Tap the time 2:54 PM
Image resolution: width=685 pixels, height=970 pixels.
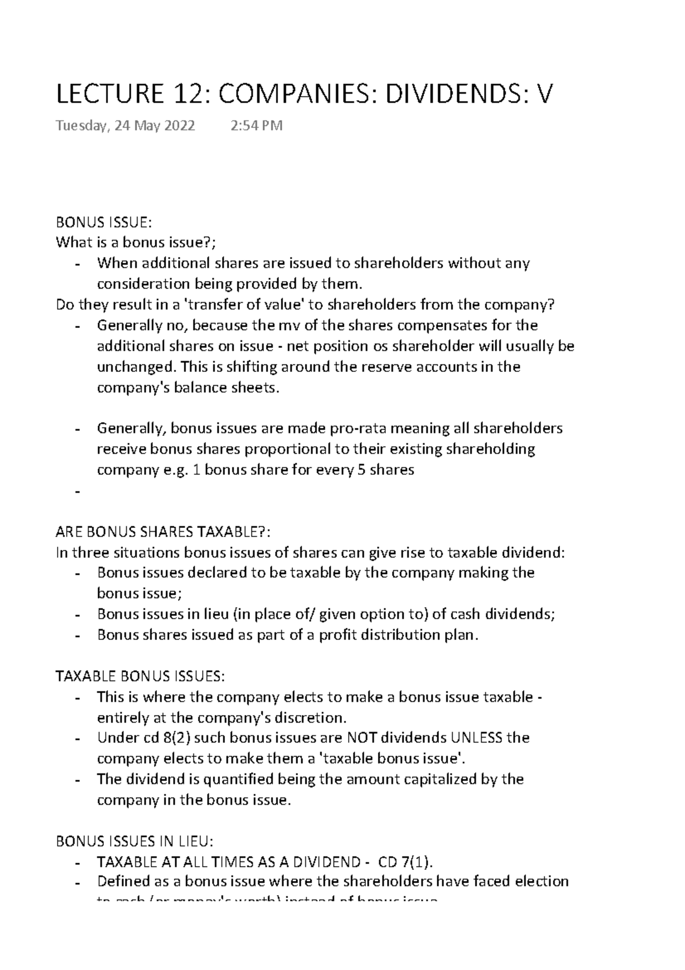(256, 126)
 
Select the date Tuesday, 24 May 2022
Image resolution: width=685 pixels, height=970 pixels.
(125, 126)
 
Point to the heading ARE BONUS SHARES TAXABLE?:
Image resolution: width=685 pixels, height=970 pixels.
(162, 532)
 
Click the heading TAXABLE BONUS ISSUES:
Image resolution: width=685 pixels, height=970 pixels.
(140, 676)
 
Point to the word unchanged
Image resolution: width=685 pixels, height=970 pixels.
(131, 367)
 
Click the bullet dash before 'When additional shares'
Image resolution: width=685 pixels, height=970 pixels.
(77, 264)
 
